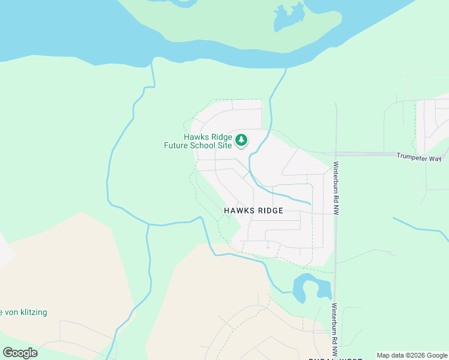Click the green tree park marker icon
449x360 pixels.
coord(241,140)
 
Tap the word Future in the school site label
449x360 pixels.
coord(179,145)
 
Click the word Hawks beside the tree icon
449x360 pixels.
coord(196,136)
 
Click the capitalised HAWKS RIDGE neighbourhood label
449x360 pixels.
coord(253,211)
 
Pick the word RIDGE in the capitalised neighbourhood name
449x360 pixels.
coord(268,211)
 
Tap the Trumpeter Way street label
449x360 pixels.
coord(418,157)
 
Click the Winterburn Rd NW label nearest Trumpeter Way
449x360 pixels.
coord(337,188)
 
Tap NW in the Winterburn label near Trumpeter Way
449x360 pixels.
coord(337,209)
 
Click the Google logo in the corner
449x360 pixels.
coord(20,352)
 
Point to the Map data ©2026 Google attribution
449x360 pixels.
coord(412,355)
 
